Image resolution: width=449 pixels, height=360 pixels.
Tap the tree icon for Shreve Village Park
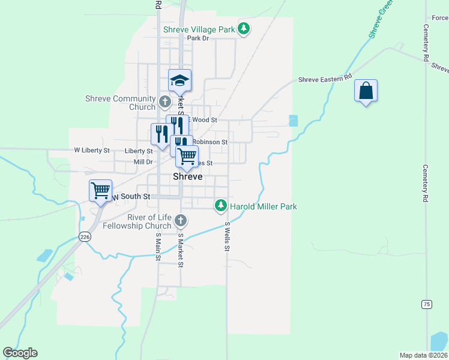click(244, 28)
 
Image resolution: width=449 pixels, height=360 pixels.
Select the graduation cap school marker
click(179, 80)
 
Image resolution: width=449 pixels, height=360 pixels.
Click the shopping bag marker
click(366, 91)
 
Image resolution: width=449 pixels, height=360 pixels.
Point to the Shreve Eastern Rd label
click(325, 79)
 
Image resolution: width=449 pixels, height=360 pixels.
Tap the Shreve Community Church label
click(121, 103)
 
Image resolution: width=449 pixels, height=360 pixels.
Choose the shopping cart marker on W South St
click(100, 191)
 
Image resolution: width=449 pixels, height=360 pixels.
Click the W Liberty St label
click(92, 150)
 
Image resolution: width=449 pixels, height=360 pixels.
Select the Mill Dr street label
click(143, 162)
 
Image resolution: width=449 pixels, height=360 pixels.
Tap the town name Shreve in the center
click(187, 177)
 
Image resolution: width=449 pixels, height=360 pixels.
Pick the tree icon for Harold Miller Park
click(221, 206)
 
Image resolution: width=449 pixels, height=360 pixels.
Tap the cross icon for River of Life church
click(179, 222)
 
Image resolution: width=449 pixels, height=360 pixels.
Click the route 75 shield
click(426, 304)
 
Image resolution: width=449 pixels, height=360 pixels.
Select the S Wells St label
click(228, 237)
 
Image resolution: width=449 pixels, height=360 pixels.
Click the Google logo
click(20, 353)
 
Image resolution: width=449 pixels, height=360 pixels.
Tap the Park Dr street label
click(197, 38)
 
